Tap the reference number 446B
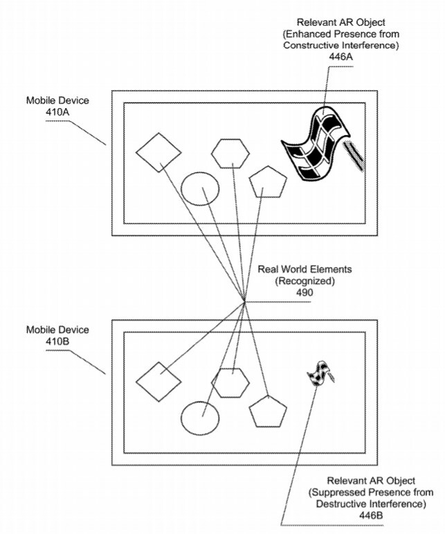(x=362, y=516)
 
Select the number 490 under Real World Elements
(x=305, y=293)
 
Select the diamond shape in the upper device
(x=158, y=152)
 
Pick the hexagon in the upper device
(x=230, y=153)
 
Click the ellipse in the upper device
(x=200, y=188)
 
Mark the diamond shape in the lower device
(x=158, y=381)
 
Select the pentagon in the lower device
(x=267, y=411)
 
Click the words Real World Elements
(x=305, y=269)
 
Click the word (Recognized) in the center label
(x=305, y=281)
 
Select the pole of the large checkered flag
(x=354, y=153)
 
